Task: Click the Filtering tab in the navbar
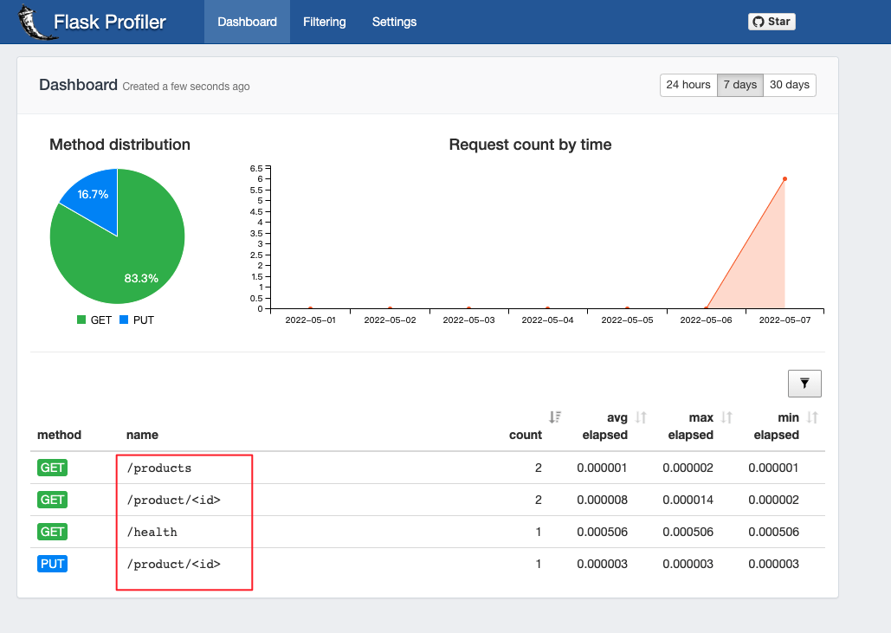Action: point(324,22)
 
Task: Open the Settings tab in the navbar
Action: point(394,22)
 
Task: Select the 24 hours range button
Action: point(688,85)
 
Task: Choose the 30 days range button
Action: point(790,85)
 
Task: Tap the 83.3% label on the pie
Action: point(141,278)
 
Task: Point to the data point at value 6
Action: point(784,179)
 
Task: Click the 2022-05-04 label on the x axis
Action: point(547,320)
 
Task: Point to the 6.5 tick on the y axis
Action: point(255,168)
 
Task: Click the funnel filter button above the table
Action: point(804,383)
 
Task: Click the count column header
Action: point(526,435)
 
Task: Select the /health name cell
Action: point(152,532)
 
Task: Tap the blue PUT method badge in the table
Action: point(52,564)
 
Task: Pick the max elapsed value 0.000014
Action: point(688,500)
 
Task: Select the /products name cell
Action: point(158,468)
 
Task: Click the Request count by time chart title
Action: point(530,145)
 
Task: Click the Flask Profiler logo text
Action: point(109,22)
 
